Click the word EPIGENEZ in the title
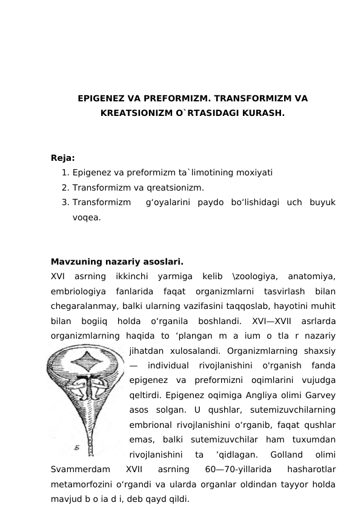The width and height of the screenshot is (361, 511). tap(99, 98)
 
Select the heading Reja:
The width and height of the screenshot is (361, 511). tap(63, 158)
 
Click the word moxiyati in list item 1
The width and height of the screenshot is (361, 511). tap(254, 172)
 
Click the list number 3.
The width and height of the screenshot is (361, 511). tap(64, 201)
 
